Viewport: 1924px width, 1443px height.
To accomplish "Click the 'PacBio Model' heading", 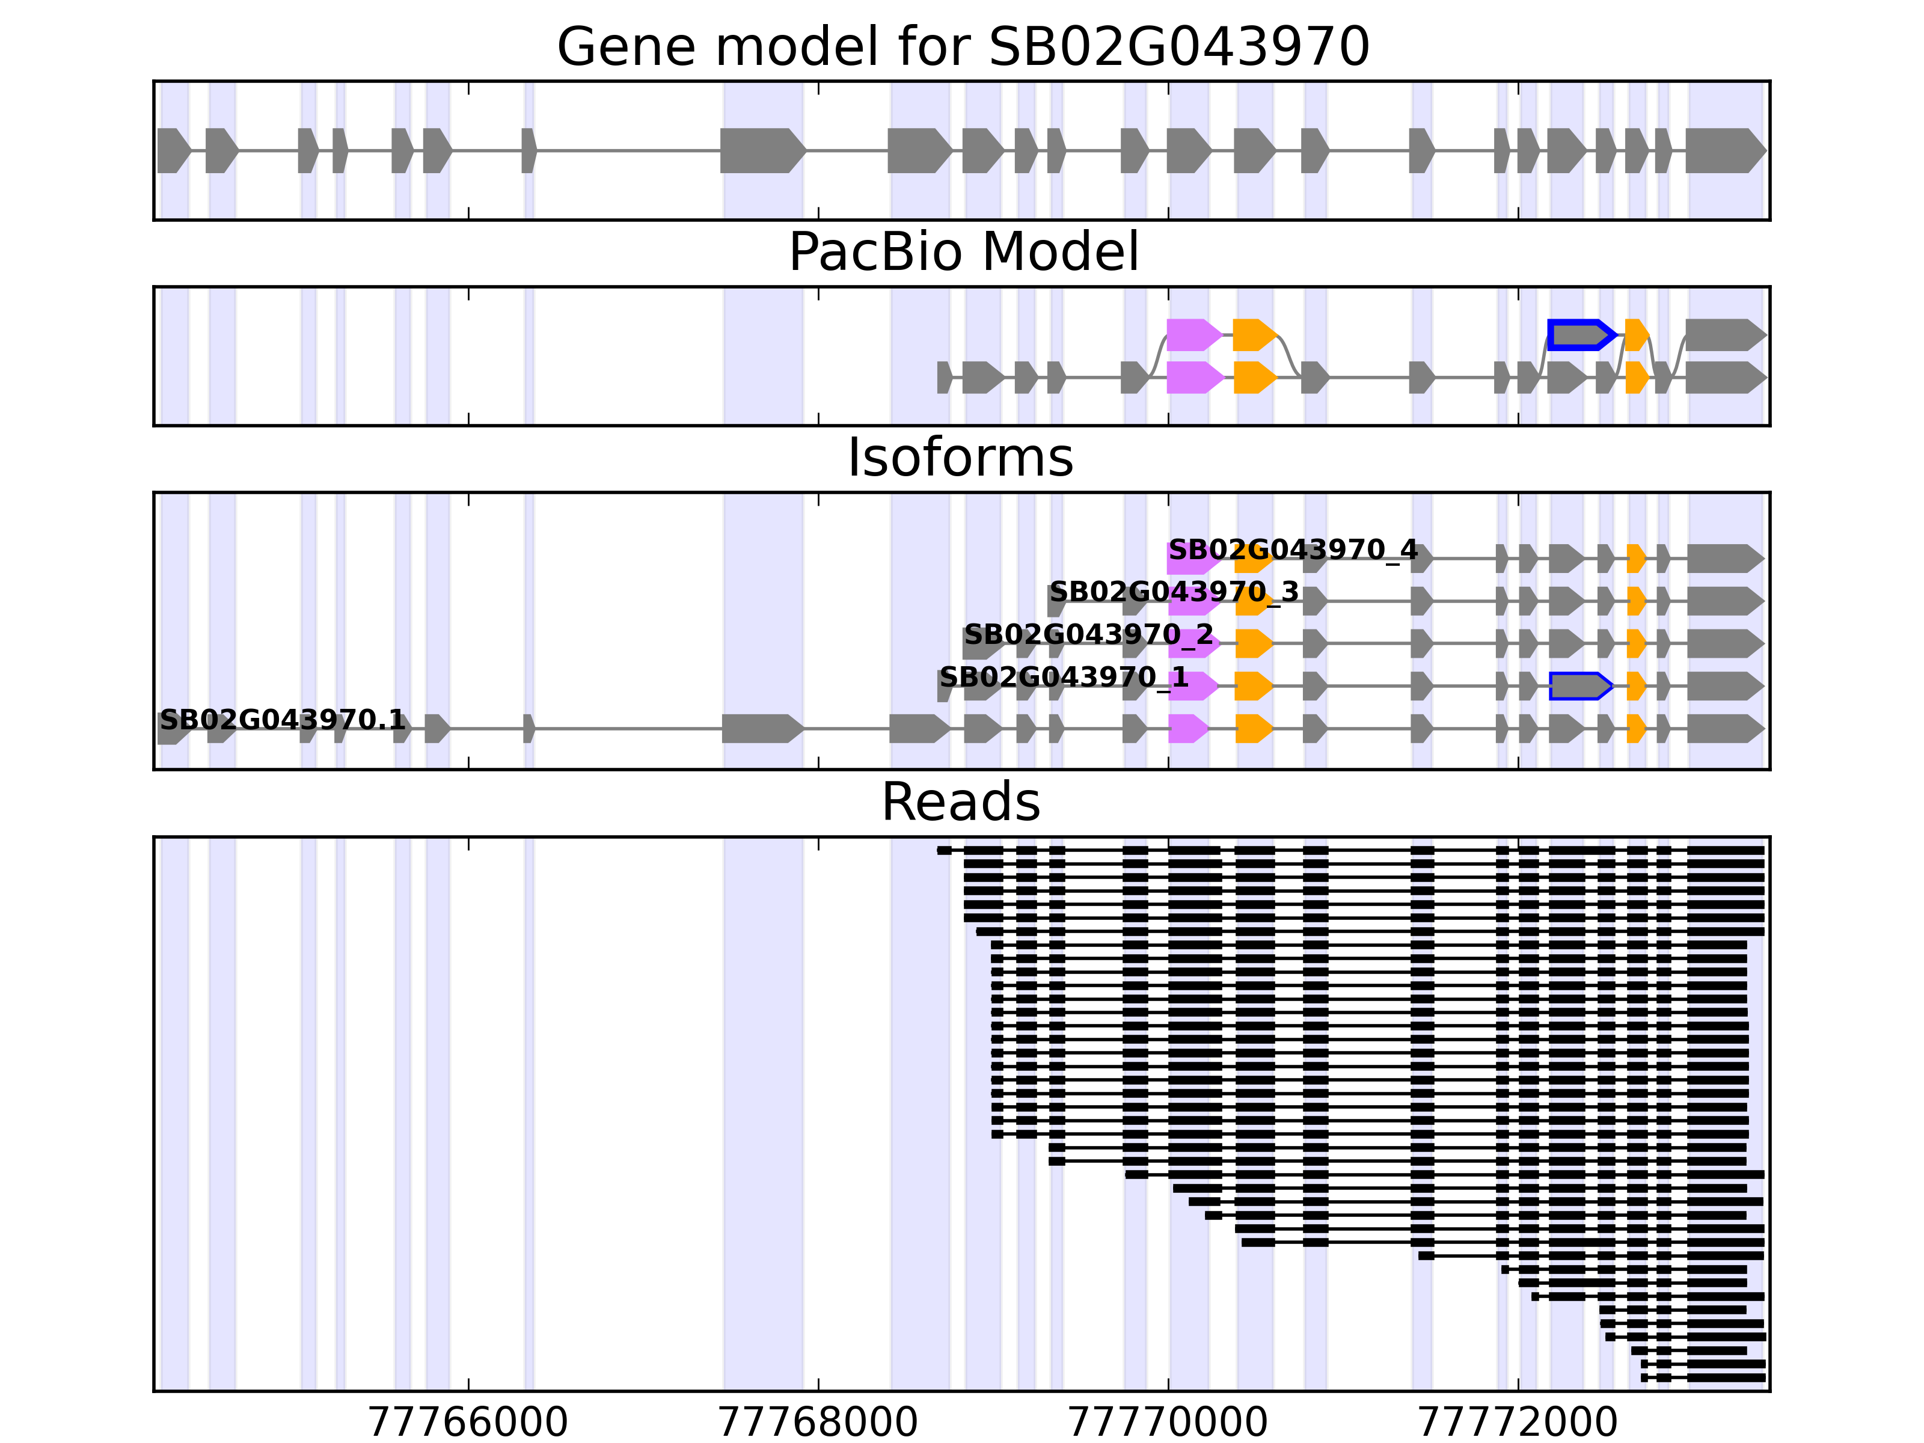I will point(962,253).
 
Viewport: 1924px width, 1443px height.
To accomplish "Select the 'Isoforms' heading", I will point(960,458).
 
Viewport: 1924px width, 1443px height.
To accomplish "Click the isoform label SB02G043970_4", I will point(1293,551).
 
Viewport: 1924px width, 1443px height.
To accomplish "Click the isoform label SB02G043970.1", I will point(282,720).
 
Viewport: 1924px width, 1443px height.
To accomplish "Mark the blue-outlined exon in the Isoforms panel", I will point(1579,686).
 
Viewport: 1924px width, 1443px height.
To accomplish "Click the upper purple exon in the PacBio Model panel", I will point(1193,335).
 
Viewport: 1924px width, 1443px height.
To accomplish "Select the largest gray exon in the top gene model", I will point(762,150).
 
